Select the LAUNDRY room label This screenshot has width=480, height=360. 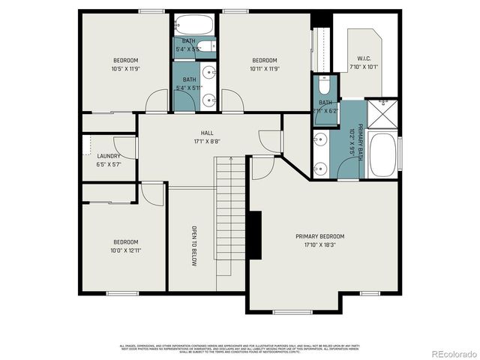click(x=109, y=156)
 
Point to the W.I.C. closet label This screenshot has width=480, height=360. click(x=364, y=58)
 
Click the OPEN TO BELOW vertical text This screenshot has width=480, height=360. click(x=193, y=246)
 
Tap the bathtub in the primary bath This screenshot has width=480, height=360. click(x=383, y=155)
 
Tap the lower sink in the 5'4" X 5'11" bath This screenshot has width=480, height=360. click(x=210, y=98)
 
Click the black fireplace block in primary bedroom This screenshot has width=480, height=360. click(x=255, y=235)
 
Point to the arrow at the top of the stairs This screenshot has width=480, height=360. click(x=230, y=159)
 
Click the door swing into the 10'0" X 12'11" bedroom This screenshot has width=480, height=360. click(x=152, y=193)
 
